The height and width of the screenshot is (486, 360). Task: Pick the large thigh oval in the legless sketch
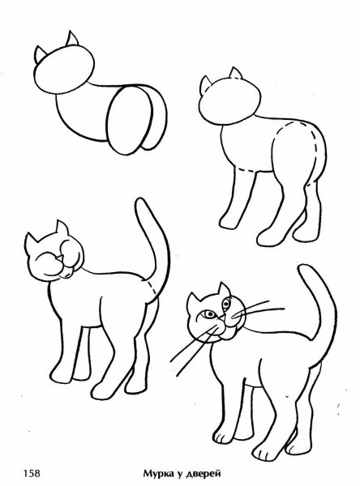coord(130,120)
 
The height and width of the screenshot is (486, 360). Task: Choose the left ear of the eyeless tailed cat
coord(32,241)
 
